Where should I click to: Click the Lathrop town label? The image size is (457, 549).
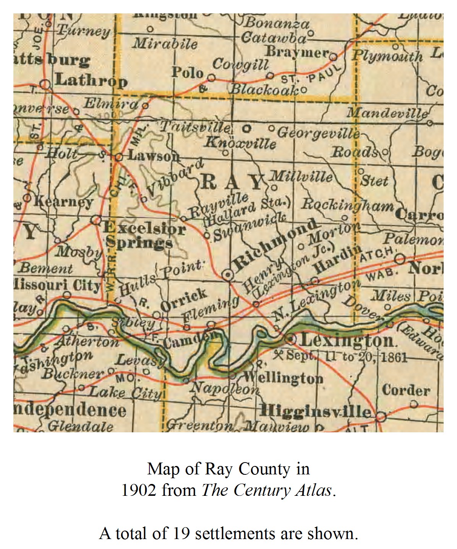(x=91, y=81)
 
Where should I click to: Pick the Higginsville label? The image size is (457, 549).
(x=315, y=412)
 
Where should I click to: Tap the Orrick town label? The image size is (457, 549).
(x=184, y=300)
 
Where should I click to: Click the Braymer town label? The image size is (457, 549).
(x=297, y=52)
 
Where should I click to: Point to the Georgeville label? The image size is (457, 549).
(x=318, y=133)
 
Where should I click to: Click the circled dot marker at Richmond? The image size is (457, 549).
(x=228, y=274)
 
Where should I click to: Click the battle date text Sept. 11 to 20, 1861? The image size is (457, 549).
(x=346, y=357)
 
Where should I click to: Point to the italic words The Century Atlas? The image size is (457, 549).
(x=267, y=490)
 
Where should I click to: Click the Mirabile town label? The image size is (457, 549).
(x=165, y=44)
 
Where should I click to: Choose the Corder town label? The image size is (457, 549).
(x=406, y=391)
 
